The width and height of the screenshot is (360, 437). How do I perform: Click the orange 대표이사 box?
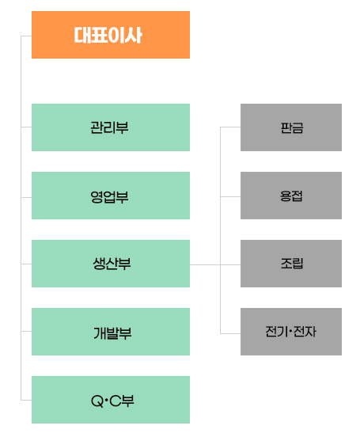click(111, 35)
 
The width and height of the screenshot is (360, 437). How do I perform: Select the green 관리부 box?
click(111, 127)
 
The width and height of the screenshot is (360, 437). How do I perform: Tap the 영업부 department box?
click(111, 196)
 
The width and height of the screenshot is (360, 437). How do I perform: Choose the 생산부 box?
click(111, 264)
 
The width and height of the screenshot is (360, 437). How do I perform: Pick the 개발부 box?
click(111, 332)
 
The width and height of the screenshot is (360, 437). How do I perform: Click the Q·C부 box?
click(111, 400)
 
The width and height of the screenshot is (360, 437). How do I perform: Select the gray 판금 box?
click(291, 127)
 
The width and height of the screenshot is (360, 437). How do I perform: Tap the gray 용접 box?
click(291, 196)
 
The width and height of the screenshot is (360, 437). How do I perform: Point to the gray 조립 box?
click(291, 264)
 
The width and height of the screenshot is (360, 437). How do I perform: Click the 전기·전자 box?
click(291, 332)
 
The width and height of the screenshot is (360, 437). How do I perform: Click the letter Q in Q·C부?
click(97, 401)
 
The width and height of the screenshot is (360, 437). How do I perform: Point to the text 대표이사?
click(108, 35)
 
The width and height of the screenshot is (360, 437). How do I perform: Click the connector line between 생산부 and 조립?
click(215, 264)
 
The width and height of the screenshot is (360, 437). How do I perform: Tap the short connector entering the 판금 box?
click(230, 127)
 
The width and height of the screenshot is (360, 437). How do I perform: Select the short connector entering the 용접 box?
click(230, 197)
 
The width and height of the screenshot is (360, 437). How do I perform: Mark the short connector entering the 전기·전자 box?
click(230, 333)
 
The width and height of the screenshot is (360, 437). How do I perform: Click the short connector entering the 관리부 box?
click(26, 127)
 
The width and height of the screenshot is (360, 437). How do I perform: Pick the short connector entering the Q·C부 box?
click(26, 401)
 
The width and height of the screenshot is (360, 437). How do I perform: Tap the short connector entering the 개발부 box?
click(26, 332)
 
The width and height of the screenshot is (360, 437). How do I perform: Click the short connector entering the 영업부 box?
click(26, 198)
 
